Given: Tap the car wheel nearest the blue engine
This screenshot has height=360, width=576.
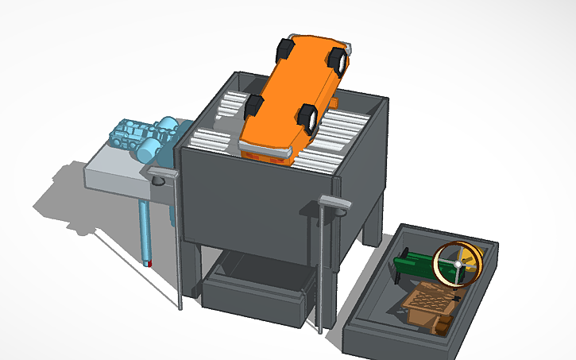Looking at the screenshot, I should (254, 106).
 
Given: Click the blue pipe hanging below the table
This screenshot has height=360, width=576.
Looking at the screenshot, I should (145, 226).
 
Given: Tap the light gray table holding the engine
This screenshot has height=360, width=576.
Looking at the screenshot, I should (115, 175).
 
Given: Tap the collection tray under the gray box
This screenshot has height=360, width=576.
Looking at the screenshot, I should (254, 290).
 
